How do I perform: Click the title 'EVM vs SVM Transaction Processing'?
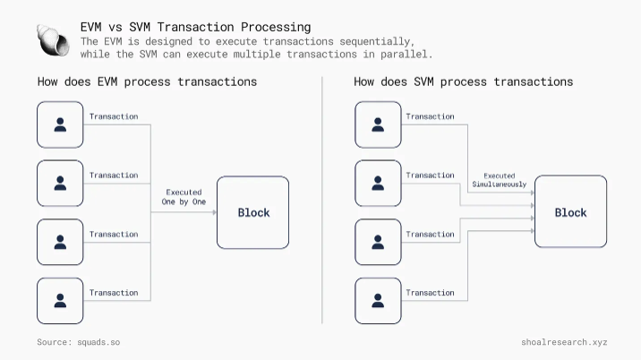(196, 27)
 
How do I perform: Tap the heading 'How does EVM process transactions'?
(147, 81)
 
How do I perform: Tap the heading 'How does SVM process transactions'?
(463, 81)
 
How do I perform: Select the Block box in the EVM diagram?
(253, 213)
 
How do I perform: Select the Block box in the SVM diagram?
(570, 212)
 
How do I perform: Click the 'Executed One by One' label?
(184, 197)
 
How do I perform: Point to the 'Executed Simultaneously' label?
(500, 180)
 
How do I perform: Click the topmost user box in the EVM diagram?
(60, 125)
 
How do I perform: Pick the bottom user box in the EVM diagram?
(60, 301)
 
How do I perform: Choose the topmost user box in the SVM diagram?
(378, 125)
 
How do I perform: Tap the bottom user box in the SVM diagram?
(378, 301)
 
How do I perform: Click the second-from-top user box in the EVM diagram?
(60, 184)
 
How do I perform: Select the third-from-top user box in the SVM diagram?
(378, 243)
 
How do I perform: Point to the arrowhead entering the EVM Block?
(213, 213)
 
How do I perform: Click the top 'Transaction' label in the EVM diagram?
(114, 116)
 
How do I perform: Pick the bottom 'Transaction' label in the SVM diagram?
(430, 293)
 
